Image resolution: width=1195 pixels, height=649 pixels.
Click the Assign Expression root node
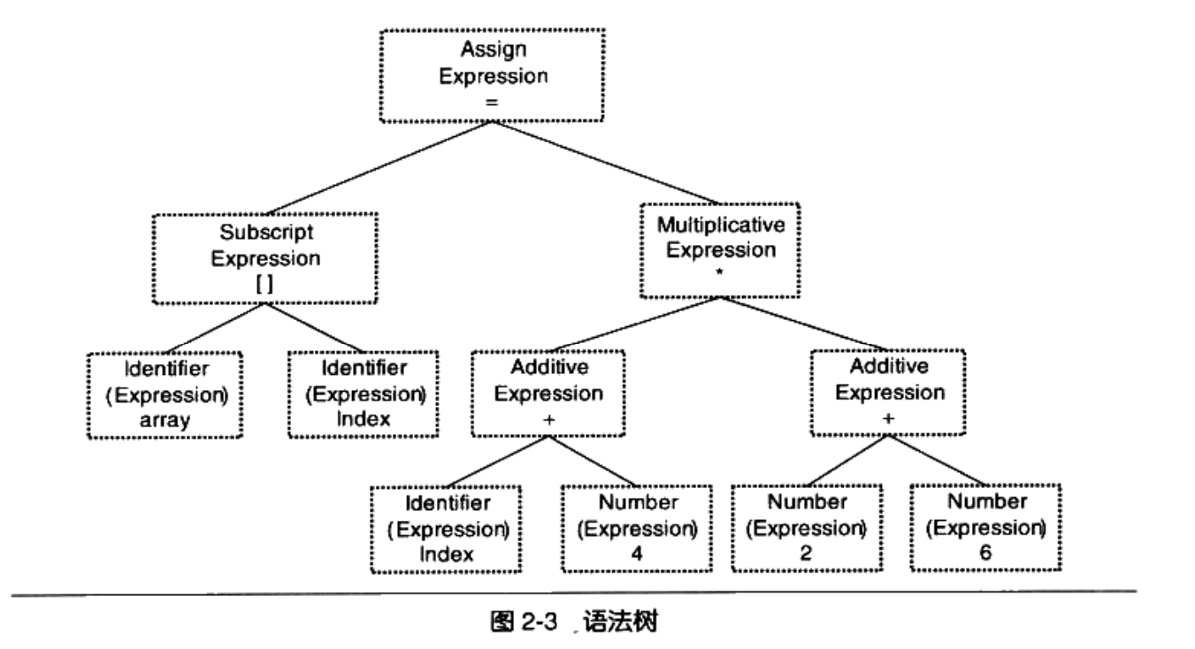(493, 75)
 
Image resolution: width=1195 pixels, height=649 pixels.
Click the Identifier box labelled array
(165, 394)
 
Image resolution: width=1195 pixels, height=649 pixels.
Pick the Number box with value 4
(637, 528)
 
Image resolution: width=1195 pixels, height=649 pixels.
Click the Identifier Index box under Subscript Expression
(364, 393)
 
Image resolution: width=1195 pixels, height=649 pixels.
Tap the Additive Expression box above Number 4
(548, 393)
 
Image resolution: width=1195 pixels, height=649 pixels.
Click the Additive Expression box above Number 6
(888, 392)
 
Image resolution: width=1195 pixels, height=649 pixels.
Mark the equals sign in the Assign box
(493, 102)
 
